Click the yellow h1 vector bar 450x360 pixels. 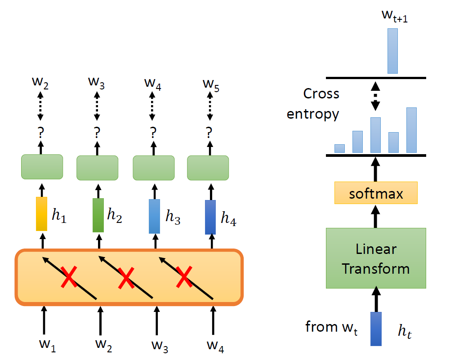coord(42,214)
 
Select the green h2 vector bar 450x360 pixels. coord(98,215)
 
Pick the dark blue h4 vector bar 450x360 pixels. coord(210,217)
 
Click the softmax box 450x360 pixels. coord(376,194)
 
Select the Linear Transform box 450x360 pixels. coord(376,258)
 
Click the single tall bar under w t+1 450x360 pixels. coord(392,51)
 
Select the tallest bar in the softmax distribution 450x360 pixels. coord(411,130)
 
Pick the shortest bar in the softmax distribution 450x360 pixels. coord(339,148)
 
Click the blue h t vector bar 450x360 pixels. coord(376,329)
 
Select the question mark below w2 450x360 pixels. coord(41,132)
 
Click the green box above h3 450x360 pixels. coord(154,167)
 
